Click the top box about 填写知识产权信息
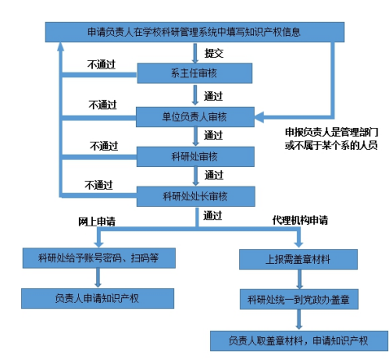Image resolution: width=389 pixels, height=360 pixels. [x=194, y=32]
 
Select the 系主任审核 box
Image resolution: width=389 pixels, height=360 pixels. [x=194, y=73]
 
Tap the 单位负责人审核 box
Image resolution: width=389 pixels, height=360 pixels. [x=195, y=117]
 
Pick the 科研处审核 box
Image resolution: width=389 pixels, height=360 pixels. [x=195, y=156]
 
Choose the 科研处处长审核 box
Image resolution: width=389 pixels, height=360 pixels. [x=195, y=196]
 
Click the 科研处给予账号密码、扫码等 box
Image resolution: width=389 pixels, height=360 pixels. [x=98, y=258]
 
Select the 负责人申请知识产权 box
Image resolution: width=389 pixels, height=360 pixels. [x=98, y=298]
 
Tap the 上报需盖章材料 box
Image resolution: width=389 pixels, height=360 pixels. [x=299, y=259]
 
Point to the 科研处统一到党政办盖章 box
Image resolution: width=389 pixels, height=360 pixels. [x=299, y=299]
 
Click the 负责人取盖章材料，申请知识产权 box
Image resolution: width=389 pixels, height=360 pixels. [x=299, y=340]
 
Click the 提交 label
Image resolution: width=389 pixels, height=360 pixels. [x=214, y=53]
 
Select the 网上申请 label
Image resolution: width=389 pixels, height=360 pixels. [x=97, y=222]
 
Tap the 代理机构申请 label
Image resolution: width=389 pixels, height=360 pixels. [x=300, y=220]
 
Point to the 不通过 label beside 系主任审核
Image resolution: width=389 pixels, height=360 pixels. [x=101, y=64]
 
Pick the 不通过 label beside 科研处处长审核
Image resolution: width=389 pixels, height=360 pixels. [x=98, y=185]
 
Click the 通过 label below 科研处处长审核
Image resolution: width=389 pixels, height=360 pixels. [x=212, y=216]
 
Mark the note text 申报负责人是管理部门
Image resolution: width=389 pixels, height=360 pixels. [x=331, y=132]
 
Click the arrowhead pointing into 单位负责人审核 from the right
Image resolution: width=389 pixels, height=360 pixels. [x=259, y=117]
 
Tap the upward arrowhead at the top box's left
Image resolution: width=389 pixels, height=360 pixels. [x=61, y=46]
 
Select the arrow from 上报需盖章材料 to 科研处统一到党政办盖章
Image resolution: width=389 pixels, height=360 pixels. [x=299, y=279]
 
